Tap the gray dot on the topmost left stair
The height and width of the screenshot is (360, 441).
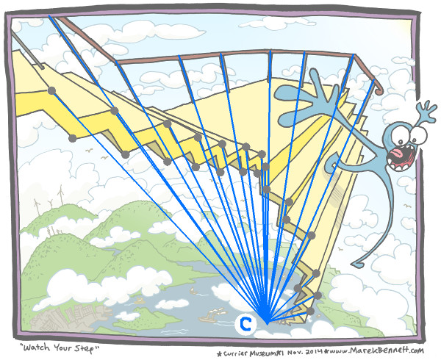click(x=52, y=90)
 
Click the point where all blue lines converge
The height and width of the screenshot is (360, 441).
click(x=266, y=321)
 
